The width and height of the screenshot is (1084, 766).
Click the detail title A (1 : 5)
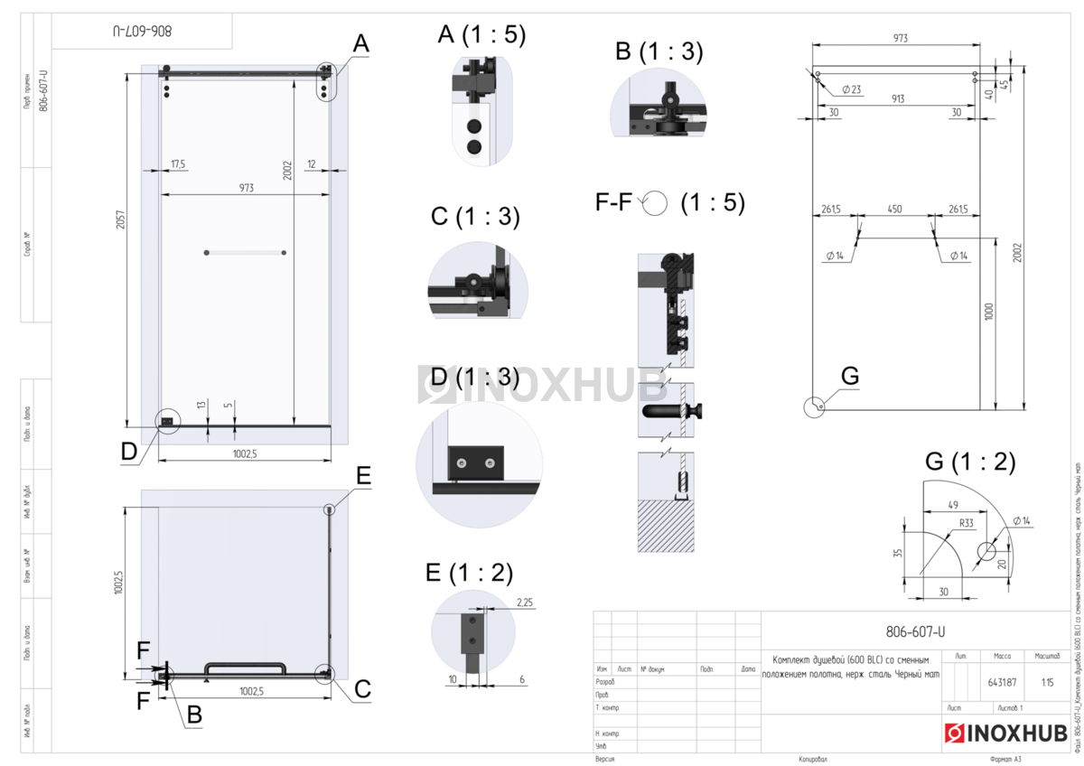click(481, 34)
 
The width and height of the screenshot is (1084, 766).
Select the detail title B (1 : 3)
click(659, 51)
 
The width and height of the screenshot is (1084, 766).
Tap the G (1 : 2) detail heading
click(970, 462)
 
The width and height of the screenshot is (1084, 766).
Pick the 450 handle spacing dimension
click(894, 210)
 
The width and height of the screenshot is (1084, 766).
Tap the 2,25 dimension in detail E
click(524, 601)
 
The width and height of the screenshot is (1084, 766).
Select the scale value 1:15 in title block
click(1048, 682)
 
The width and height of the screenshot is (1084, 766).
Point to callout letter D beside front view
click(130, 451)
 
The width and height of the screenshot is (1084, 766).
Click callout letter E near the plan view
click(363, 476)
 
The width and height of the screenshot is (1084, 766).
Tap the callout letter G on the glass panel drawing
click(849, 375)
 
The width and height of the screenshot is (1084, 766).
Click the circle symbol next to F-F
click(654, 204)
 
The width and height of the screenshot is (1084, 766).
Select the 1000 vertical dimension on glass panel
click(989, 312)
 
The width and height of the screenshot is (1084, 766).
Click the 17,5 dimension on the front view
click(177, 164)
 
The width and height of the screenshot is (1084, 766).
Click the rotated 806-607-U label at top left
click(142, 32)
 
